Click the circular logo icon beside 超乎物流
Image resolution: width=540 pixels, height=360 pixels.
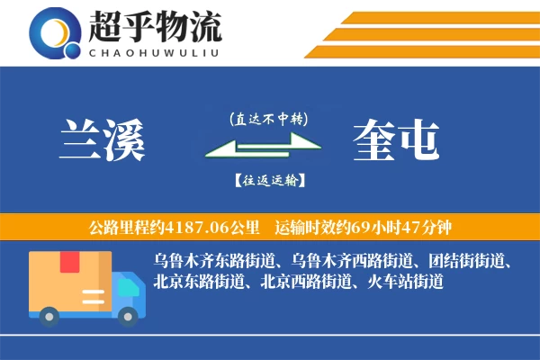click(57, 34)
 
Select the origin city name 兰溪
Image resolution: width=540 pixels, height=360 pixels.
click(100, 139)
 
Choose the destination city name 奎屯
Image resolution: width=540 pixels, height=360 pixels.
click(396, 139)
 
